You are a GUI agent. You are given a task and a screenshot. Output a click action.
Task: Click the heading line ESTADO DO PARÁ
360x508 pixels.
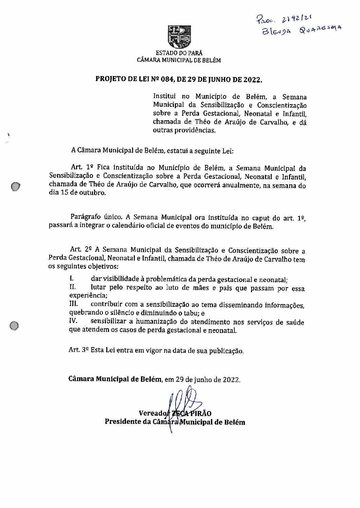point(179,53)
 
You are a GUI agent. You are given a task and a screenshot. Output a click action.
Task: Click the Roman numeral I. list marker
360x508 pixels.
point(72,279)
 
